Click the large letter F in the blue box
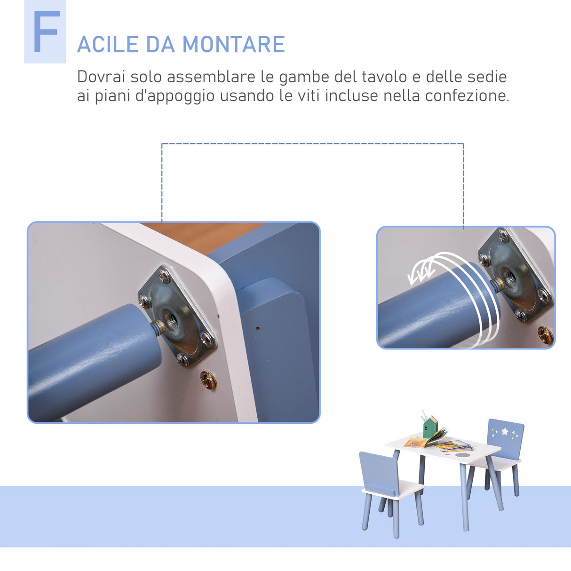tap(46, 32)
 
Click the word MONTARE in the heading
tap(233, 45)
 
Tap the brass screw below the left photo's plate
tap(208, 379)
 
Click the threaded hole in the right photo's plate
tap(509, 277)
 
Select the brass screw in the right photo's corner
tap(546, 334)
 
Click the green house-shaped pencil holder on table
tap(430, 426)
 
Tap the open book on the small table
tap(426, 440)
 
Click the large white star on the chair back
tap(505, 431)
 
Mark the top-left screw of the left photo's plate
tap(164, 275)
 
